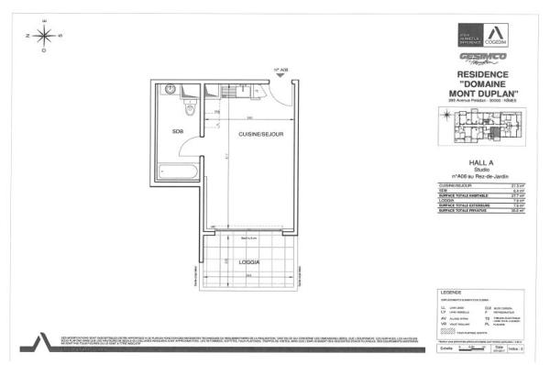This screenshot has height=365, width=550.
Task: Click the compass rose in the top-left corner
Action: coord(43,37)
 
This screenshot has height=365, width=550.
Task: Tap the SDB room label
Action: coord(178,130)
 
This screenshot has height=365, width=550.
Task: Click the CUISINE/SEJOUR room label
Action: coord(260,135)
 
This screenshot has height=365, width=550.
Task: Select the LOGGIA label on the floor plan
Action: coord(248,262)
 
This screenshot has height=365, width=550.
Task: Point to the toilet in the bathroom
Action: coord(189,108)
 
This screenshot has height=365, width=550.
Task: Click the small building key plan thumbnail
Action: coord(482,126)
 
